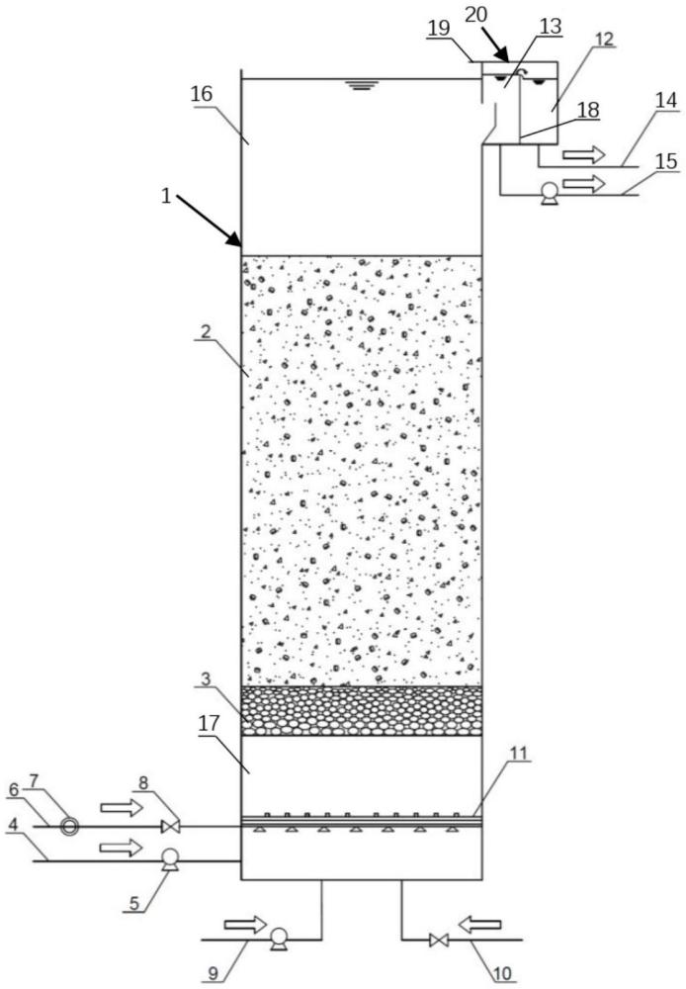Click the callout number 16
(x=202, y=94)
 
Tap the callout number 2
(x=207, y=331)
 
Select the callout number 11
(x=518, y=753)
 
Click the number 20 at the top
(x=476, y=15)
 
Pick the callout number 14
(x=666, y=100)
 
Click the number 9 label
(x=214, y=974)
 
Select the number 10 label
(x=503, y=974)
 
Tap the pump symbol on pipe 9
(x=278, y=938)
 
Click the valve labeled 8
(x=170, y=826)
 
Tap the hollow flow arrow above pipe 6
(x=122, y=807)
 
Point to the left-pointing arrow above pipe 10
(x=479, y=926)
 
